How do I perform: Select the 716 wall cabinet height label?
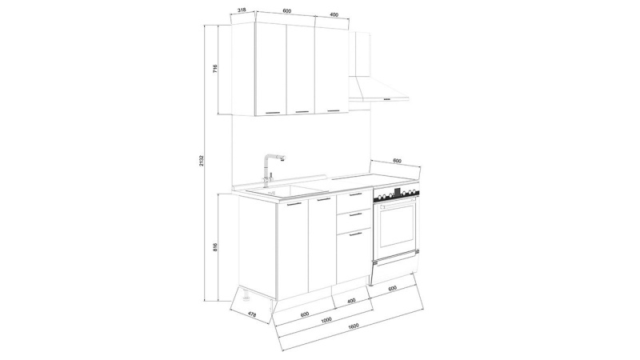[215, 69]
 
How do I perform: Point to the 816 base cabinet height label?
[215, 247]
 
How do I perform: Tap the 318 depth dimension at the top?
[242, 10]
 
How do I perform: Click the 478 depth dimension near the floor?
[252, 314]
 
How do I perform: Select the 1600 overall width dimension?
[354, 326]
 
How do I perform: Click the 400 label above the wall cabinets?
[334, 14]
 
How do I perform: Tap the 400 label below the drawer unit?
[350, 301]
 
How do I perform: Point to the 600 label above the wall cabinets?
[287, 11]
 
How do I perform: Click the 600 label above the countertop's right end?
[397, 162]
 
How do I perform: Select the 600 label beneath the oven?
[392, 289]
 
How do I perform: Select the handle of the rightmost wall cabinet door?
[334, 110]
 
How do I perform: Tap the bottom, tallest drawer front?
[354, 256]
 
